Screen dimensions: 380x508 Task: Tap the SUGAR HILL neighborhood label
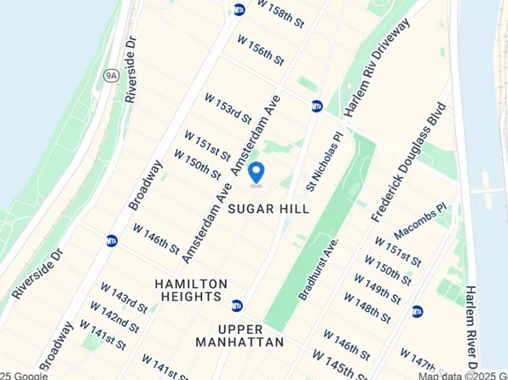coord(267,208)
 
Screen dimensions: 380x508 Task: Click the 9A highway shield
coord(112,75)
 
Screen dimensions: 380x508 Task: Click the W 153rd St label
coord(228,107)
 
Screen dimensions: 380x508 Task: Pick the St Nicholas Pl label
coord(325,159)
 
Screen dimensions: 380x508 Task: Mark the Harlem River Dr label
coord(474,325)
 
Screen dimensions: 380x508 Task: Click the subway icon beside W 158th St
coord(239,9)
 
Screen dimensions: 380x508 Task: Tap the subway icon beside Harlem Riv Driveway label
coord(317,107)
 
